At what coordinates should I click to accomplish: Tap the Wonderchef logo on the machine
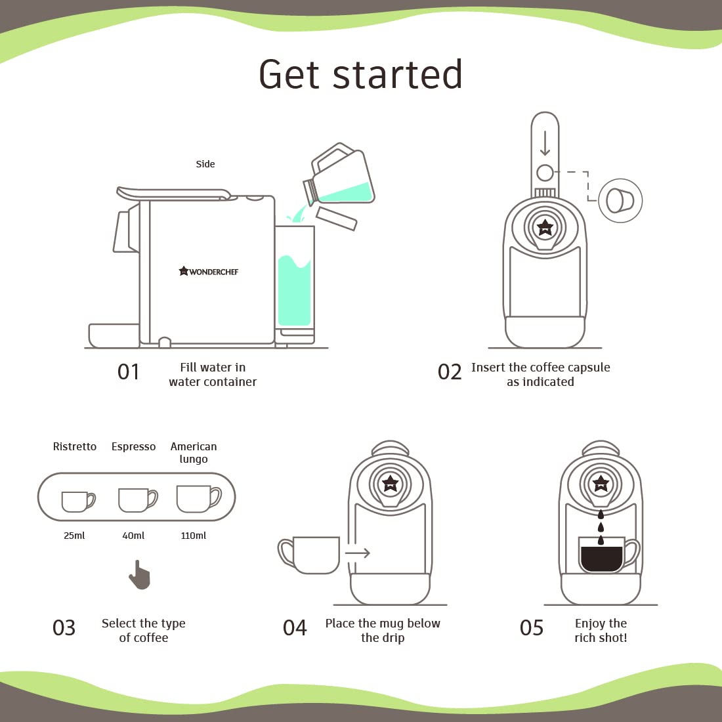click(209, 271)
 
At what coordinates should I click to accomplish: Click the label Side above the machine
click(205, 164)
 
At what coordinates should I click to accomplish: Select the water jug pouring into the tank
click(339, 175)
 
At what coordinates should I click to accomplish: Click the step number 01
click(129, 372)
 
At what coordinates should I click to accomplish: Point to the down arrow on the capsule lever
click(545, 142)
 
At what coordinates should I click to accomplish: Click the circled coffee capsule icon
click(620, 201)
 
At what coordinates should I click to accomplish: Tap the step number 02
click(450, 372)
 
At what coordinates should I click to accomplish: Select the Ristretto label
click(75, 446)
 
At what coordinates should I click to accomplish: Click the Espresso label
click(133, 446)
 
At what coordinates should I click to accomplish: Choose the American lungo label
click(194, 453)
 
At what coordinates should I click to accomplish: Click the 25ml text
click(74, 536)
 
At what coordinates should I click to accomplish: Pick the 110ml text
click(194, 536)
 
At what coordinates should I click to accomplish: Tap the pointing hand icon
click(140, 575)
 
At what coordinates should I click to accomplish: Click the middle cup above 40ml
click(138, 500)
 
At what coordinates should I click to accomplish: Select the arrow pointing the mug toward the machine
click(358, 553)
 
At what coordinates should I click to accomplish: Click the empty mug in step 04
click(309, 555)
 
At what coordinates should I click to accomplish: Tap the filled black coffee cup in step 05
click(608, 555)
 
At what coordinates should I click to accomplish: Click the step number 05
click(532, 628)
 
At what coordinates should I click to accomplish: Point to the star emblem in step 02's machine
click(545, 227)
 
